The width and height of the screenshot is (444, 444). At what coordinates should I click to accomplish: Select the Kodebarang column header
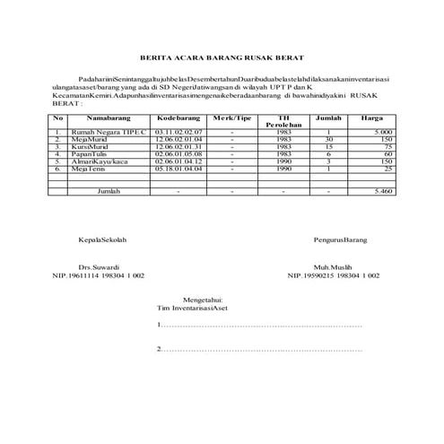click(x=178, y=118)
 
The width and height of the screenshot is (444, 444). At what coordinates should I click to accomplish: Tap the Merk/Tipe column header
click(x=232, y=118)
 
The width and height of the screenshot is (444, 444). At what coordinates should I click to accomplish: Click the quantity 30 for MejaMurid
click(x=329, y=139)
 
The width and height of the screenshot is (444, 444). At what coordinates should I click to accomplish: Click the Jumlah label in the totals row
click(x=109, y=191)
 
